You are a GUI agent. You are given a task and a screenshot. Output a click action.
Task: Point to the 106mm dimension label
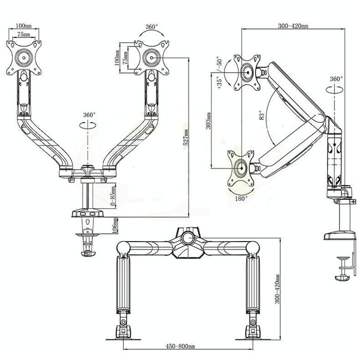(114, 225)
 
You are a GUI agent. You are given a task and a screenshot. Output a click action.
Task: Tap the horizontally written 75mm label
(23, 33)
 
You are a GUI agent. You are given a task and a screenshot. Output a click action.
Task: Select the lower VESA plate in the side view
(241, 167)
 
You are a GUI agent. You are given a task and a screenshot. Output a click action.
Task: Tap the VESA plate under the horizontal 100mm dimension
(23, 57)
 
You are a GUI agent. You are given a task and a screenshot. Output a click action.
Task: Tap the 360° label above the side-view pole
(336, 79)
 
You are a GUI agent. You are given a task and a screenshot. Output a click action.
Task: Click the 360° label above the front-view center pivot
(89, 114)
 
